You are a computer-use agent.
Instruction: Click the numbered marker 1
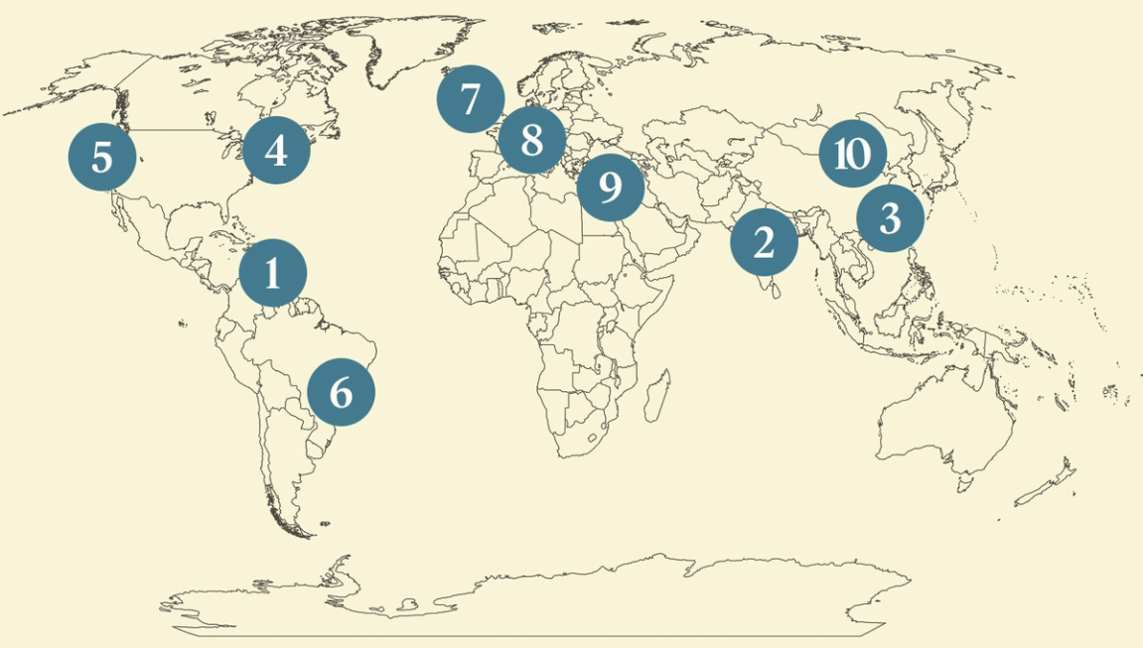[x=273, y=273]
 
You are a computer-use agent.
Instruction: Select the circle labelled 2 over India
[x=764, y=241]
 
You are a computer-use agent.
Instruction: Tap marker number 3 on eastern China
[x=890, y=218]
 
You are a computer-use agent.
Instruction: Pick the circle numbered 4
[x=277, y=151]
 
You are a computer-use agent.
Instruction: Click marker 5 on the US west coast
[x=102, y=158]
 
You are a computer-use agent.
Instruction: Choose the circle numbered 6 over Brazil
[x=341, y=392]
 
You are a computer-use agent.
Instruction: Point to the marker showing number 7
[x=471, y=99]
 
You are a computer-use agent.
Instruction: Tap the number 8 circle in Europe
[x=532, y=139]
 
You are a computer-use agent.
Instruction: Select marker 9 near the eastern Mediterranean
[x=611, y=187]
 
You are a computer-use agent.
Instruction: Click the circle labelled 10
[x=852, y=155]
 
